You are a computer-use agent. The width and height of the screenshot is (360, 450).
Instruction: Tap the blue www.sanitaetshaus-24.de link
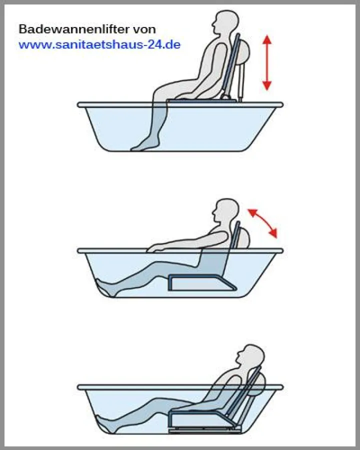point(99,44)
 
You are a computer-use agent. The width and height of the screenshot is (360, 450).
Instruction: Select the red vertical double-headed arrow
point(267,62)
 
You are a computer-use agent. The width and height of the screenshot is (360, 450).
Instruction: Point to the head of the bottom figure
point(250,356)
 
